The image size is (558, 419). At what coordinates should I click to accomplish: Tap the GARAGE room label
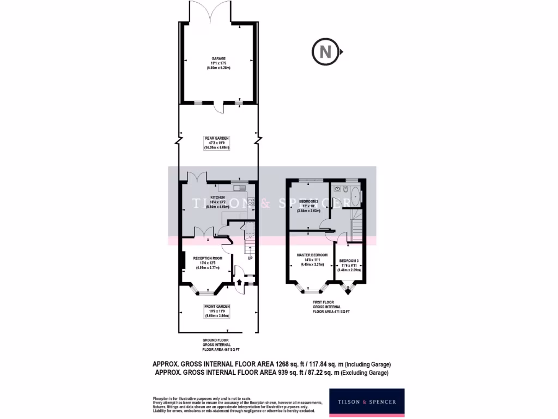219,58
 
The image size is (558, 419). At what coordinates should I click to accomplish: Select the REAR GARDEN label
217,139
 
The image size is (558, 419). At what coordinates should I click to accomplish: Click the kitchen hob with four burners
251,202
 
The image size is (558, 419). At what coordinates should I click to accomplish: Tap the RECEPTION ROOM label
208,258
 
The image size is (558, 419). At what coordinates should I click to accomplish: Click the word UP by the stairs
250,258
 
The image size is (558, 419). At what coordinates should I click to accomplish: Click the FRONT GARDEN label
217,307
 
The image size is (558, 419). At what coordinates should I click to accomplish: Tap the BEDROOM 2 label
308,201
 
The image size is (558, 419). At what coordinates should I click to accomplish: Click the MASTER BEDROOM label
312,255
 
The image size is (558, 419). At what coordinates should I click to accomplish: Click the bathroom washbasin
338,190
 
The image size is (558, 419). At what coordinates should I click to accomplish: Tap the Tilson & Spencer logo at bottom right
367,403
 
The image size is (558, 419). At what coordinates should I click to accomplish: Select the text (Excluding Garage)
365,373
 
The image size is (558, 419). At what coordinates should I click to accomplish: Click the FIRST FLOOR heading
323,302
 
